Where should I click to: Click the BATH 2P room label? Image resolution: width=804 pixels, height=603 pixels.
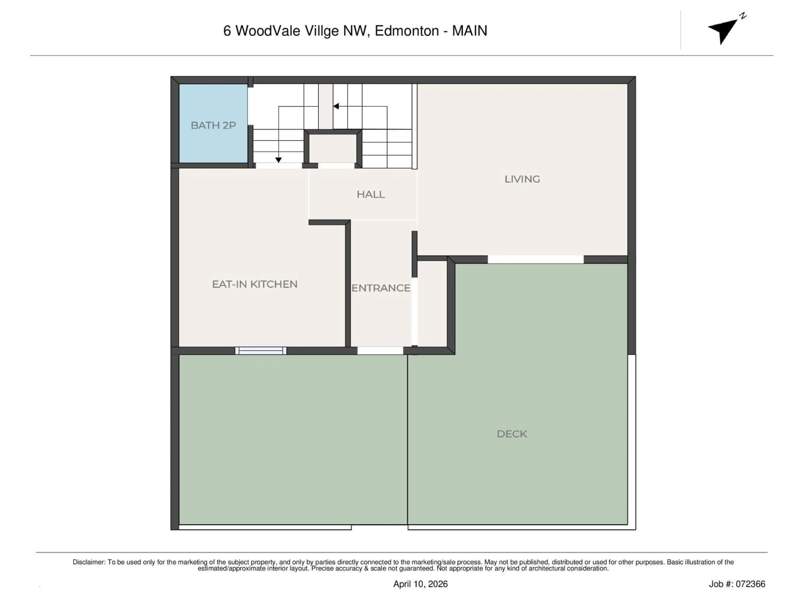[213, 125]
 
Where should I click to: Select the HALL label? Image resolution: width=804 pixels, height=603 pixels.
[370, 195]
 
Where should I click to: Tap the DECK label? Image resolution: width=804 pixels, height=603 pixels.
[512, 434]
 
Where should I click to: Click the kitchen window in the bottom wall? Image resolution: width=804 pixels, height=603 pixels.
[261, 351]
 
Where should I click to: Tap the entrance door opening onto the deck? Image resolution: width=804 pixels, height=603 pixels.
[380, 351]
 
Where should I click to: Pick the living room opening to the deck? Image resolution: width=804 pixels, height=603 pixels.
[535, 259]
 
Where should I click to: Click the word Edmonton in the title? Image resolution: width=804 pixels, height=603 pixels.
[407, 31]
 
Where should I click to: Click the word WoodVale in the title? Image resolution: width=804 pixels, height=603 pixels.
[268, 31]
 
